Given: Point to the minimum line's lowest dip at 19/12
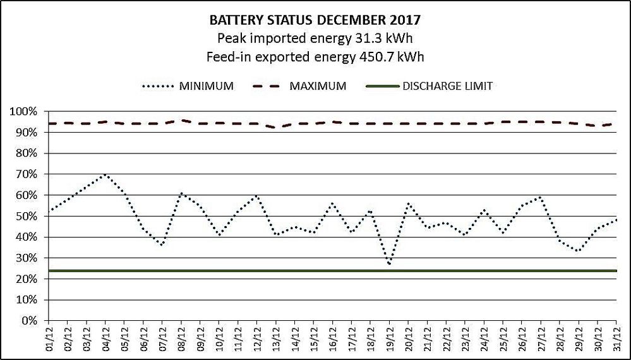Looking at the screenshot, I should pyautogui.click(x=390, y=264).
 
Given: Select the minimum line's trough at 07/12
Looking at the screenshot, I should pyautogui.click(x=162, y=245).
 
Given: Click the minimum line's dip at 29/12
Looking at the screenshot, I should pyautogui.click(x=578, y=251).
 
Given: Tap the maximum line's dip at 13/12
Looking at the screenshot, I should pyautogui.click(x=276, y=128).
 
